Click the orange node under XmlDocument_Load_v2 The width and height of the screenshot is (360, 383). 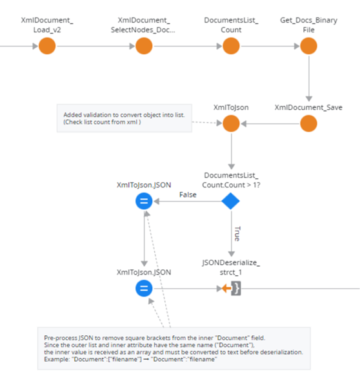(47, 46)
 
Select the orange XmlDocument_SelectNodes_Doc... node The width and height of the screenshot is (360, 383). (144, 46)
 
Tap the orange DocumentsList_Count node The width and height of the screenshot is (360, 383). (231, 46)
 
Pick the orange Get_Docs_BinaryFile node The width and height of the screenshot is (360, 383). (309, 46)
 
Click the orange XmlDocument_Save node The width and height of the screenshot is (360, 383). (309, 123)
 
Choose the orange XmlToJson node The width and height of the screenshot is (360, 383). (231, 123)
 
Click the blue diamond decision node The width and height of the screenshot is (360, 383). (230, 201)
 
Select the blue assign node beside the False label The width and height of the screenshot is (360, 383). (144, 201)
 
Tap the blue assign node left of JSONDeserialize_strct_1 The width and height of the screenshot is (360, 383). (144, 289)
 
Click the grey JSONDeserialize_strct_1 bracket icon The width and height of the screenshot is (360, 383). (236, 289)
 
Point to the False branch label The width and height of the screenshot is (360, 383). (188, 194)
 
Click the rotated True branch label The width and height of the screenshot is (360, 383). (237, 234)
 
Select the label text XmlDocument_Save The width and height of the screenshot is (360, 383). (308, 107)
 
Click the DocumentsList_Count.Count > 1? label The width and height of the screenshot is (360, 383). (231, 180)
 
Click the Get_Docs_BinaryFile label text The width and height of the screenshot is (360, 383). (309, 25)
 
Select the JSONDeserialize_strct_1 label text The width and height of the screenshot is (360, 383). (231, 267)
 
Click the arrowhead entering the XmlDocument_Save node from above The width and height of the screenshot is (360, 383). (309, 98)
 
